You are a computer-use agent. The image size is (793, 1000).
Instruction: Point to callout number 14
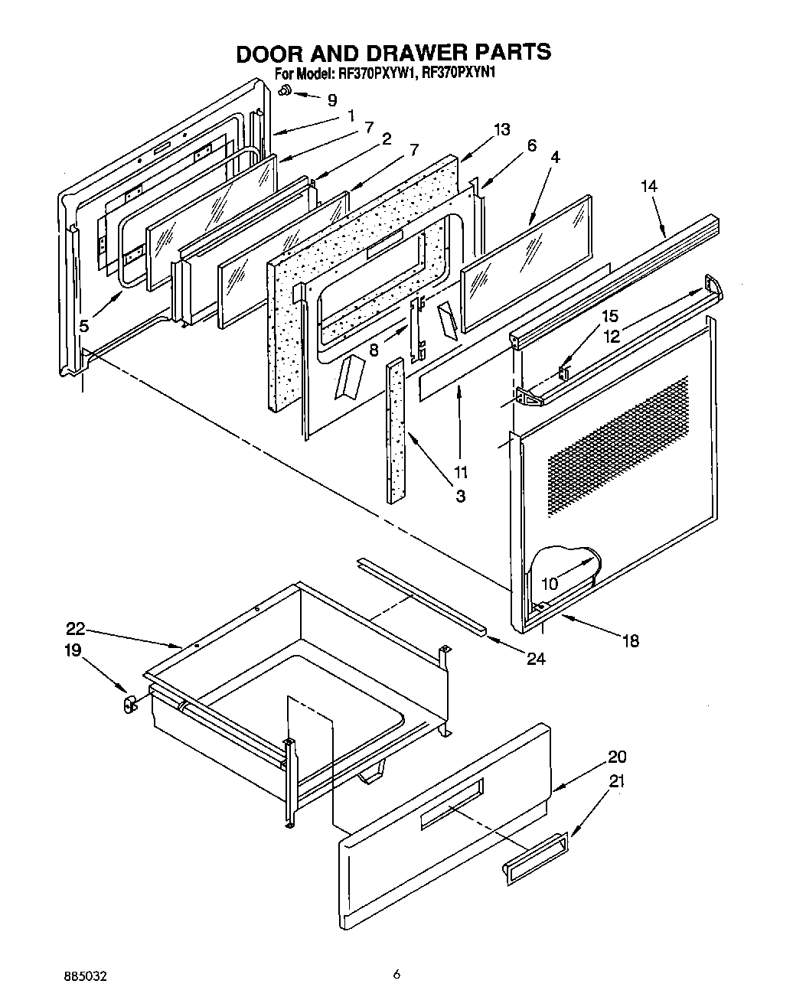point(649,186)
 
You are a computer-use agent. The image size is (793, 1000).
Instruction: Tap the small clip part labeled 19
point(129,702)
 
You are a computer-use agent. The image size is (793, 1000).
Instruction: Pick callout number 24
point(536,658)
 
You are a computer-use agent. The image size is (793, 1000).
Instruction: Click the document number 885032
point(84,976)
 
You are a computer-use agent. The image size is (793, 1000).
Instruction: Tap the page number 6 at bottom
point(396,974)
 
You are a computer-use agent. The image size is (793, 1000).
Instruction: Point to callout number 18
point(630,641)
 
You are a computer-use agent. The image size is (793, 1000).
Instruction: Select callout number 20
point(617,757)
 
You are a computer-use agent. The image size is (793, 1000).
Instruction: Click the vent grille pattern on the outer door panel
point(616,445)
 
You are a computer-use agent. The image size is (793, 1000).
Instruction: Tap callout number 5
point(83,326)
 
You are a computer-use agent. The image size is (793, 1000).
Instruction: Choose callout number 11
point(460,473)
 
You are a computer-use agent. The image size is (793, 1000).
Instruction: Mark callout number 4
point(555,157)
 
